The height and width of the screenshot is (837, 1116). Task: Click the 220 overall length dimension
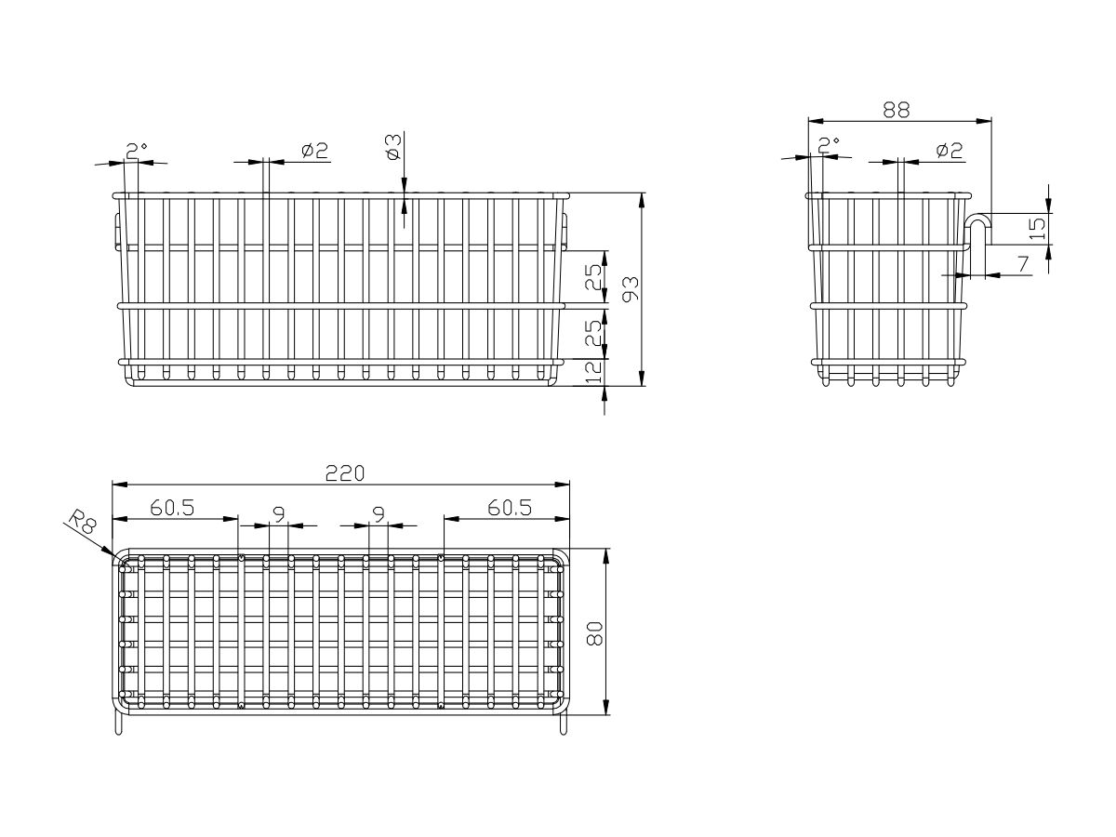click(345, 473)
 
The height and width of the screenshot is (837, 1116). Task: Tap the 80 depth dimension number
click(594, 633)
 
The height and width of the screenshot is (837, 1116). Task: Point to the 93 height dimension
click(631, 288)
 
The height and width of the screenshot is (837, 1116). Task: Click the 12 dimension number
click(593, 372)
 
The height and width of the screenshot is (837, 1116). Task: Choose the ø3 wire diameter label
click(394, 147)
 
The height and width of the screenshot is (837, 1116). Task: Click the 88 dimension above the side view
click(896, 110)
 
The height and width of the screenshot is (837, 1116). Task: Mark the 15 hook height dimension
click(1036, 229)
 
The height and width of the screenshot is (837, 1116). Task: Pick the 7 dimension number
click(1022, 264)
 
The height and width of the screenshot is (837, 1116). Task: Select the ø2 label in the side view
click(949, 151)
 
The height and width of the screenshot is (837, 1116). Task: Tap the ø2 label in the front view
click(314, 151)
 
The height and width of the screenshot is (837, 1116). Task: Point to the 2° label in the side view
click(829, 145)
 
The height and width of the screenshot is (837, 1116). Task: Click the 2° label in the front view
click(137, 151)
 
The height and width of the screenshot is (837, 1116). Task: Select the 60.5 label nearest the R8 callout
click(172, 508)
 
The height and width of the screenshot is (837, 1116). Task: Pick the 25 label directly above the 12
click(593, 333)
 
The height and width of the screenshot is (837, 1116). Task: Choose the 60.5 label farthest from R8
click(510, 508)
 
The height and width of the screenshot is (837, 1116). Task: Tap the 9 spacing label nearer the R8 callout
click(279, 515)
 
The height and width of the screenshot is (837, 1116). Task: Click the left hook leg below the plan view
click(118, 724)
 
